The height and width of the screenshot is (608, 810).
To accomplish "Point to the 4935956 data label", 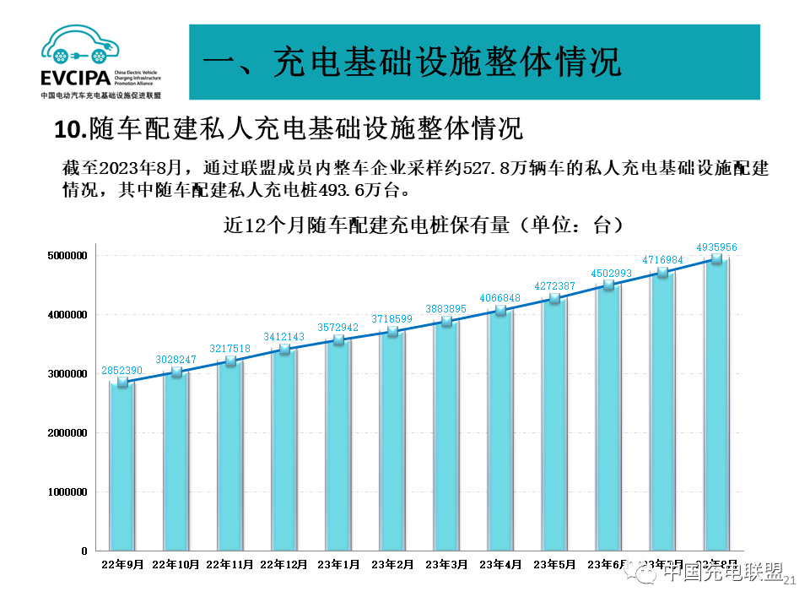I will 717,247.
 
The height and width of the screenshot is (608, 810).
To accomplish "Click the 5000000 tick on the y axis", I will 67,256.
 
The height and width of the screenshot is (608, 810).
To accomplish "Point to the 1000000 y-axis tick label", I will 67,492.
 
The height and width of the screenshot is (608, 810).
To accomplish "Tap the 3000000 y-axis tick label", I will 67,374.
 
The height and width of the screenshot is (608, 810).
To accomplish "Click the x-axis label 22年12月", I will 284,563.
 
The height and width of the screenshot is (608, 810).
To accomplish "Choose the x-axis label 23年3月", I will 446,563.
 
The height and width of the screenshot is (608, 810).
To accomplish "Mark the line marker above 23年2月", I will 392,331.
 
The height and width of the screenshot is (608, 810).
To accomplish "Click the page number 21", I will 791,580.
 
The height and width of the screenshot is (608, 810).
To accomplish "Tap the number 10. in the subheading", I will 71,130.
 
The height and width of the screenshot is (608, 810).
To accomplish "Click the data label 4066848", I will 500,298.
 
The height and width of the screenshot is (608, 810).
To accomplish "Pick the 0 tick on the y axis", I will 84,551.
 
